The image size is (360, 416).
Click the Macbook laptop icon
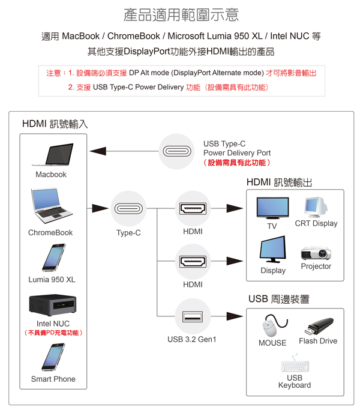click(x=52, y=155)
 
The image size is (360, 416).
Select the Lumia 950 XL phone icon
click(x=54, y=258)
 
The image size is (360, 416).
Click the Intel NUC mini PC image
click(x=53, y=305)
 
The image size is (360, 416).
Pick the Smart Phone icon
click(x=53, y=357)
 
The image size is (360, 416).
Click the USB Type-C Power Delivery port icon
click(x=176, y=151)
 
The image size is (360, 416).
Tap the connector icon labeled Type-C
click(x=128, y=208)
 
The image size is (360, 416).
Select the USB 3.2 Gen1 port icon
click(x=193, y=316)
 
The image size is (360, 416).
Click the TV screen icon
click(x=272, y=208)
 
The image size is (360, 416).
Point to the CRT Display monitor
click(x=316, y=207)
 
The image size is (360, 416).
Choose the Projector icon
click(x=316, y=253)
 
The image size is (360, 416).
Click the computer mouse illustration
click(x=274, y=325)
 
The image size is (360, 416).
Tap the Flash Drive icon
click(x=319, y=327)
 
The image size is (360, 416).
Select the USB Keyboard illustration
click(x=295, y=364)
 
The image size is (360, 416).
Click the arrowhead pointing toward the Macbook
click(x=98, y=151)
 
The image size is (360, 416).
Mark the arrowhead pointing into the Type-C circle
click(x=100, y=208)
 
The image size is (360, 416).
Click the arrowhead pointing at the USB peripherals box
click(x=235, y=316)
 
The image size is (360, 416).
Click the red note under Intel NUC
click(x=53, y=333)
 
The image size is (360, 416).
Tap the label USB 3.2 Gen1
click(x=192, y=339)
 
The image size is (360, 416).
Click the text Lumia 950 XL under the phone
click(x=52, y=280)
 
